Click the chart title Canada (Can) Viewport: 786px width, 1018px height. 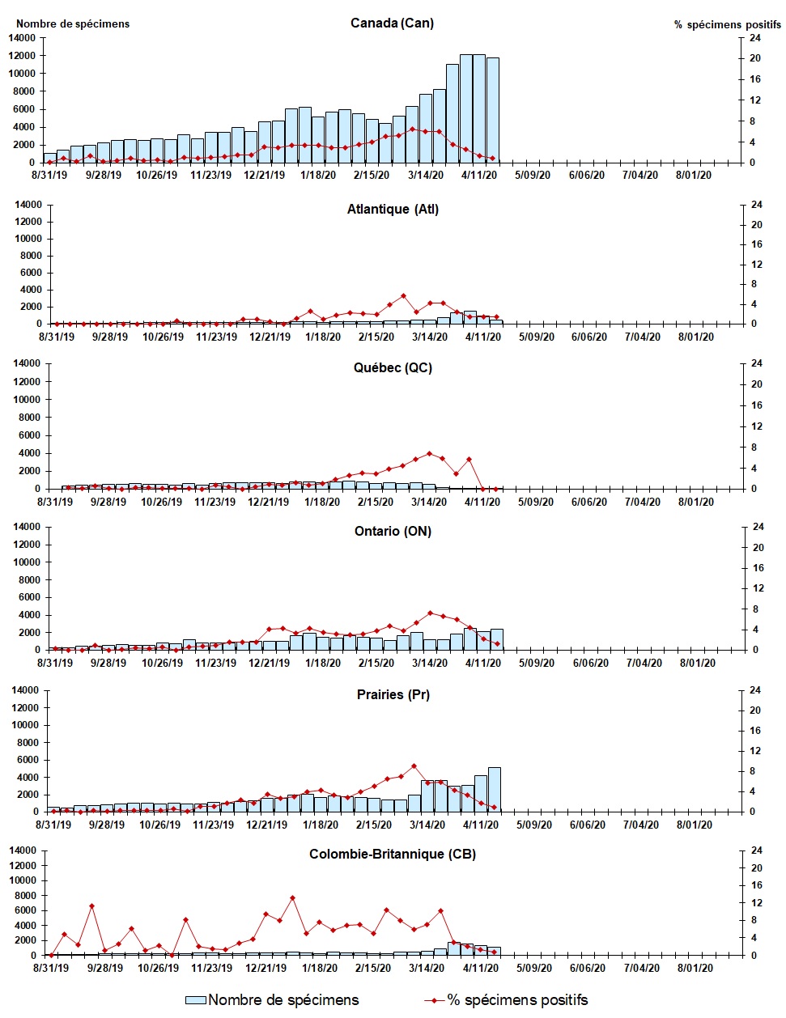click(x=392, y=23)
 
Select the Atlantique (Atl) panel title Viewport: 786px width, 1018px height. click(x=393, y=209)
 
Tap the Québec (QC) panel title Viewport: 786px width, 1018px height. click(x=393, y=367)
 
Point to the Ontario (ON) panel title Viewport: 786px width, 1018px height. click(x=393, y=531)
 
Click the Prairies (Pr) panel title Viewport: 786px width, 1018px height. click(x=393, y=694)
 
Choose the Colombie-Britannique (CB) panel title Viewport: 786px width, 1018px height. click(x=393, y=854)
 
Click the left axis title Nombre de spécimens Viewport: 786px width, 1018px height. click(x=73, y=23)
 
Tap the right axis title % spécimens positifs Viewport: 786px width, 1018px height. click(x=727, y=24)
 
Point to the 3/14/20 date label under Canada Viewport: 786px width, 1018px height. click(x=425, y=175)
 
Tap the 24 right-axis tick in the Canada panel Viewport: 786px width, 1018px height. click(x=754, y=38)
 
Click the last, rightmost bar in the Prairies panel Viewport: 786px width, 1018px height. click(x=494, y=789)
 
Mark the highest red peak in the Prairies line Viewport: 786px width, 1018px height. click(x=414, y=766)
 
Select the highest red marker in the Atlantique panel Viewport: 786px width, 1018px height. click(x=403, y=296)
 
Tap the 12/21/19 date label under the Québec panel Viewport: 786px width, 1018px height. click(x=268, y=502)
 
